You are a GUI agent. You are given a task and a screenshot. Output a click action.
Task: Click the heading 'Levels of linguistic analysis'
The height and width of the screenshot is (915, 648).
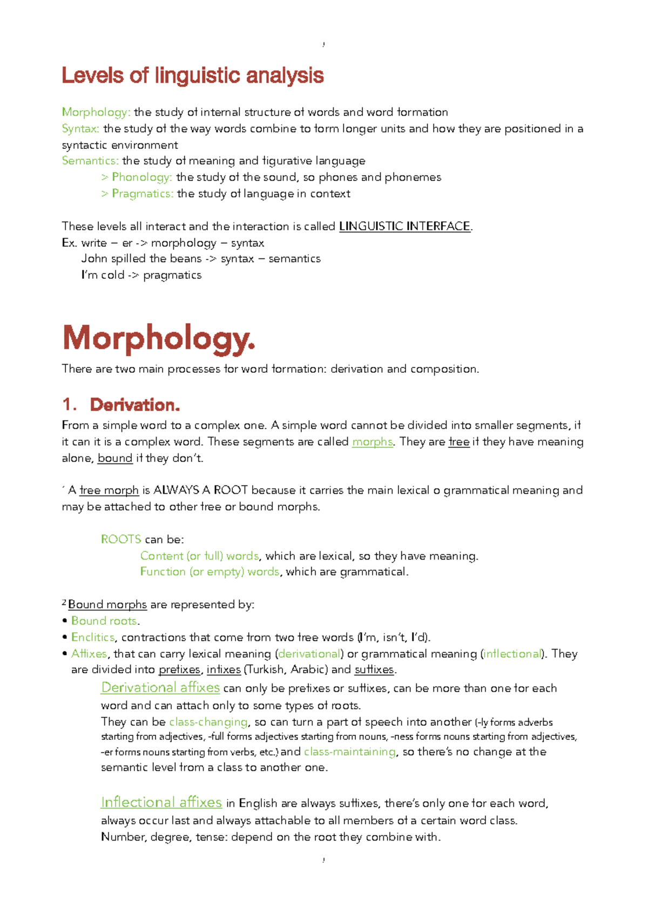click(192, 76)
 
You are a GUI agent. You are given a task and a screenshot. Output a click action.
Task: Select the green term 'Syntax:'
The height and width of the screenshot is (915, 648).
click(80, 128)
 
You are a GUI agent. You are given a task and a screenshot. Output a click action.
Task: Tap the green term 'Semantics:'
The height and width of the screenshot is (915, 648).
click(90, 161)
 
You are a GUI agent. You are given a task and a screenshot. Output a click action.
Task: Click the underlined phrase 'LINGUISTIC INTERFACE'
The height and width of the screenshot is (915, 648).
click(404, 226)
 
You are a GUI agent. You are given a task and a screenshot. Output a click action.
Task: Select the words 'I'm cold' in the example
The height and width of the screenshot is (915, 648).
click(103, 275)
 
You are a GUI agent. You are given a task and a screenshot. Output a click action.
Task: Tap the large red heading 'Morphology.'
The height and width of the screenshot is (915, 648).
click(158, 339)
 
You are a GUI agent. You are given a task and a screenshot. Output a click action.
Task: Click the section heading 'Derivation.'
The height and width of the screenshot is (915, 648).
click(134, 405)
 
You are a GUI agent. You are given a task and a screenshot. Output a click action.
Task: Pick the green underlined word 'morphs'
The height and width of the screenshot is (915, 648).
click(372, 442)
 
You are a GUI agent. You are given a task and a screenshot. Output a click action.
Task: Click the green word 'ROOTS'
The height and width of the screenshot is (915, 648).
click(121, 540)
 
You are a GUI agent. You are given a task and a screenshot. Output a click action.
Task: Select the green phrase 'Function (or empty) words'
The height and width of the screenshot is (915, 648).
click(210, 572)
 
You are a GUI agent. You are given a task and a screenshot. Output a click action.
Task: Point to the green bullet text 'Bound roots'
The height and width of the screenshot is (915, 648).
click(104, 621)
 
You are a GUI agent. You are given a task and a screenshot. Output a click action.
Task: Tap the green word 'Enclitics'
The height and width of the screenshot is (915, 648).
click(93, 637)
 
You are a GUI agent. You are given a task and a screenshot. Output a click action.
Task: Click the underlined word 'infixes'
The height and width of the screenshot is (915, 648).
click(224, 670)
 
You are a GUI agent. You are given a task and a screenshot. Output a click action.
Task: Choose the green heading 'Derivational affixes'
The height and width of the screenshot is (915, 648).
click(160, 687)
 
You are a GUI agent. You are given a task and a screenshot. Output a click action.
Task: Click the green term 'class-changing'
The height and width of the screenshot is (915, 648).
click(208, 722)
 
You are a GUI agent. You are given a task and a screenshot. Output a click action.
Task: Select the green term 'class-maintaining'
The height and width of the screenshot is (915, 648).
click(349, 752)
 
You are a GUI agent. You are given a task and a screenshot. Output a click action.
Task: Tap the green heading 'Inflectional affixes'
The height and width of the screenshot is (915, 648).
click(161, 802)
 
